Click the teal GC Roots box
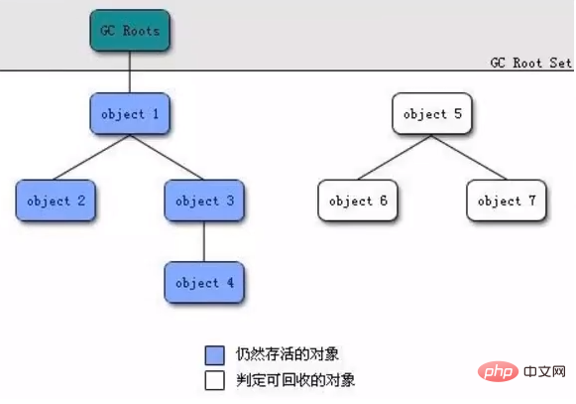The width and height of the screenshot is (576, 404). [x=130, y=30]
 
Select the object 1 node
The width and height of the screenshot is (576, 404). [x=130, y=114]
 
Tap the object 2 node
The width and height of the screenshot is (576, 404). [x=56, y=201]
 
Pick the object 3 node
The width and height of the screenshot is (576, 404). [x=204, y=201]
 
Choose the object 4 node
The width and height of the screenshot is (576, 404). [x=204, y=283]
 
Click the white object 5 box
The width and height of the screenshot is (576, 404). [x=432, y=114]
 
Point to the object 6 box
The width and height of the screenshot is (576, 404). [x=358, y=201]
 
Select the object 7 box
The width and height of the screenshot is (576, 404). [x=507, y=201]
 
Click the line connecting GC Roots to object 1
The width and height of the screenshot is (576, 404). [x=130, y=72]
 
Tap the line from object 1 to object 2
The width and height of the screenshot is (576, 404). [x=92, y=158]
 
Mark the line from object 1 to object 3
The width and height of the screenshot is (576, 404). [x=167, y=158]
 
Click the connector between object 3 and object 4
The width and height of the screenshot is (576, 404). [x=204, y=242]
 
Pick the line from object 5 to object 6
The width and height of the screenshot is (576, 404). [x=395, y=158]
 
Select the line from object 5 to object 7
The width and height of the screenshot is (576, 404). [x=469, y=158]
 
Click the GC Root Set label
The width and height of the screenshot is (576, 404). [x=531, y=63]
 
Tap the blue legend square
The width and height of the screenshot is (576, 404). [x=215, y=355]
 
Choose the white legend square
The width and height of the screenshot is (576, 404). [x=215, y=380]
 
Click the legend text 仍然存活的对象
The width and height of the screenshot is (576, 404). [x=288, y=354]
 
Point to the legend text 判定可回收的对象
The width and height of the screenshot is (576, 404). [x=295, y=380]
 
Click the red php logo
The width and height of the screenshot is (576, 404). [x=498, y=371]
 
